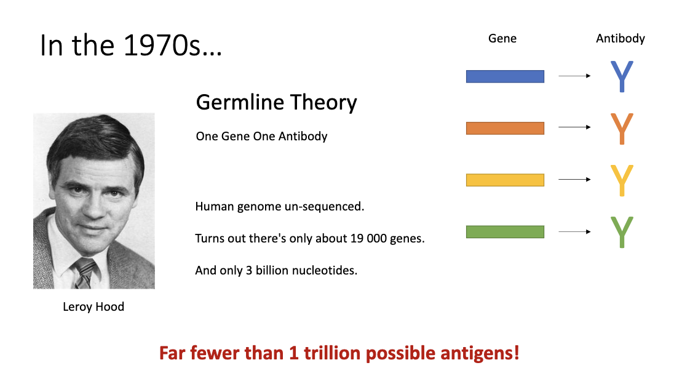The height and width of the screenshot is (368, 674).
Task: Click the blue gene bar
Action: [505, 76]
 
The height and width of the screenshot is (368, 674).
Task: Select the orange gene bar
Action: [505, 128]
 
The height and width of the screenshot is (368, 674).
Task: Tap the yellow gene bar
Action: [505, 180]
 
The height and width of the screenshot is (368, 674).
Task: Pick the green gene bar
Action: [505, 232]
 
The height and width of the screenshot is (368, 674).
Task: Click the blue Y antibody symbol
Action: [621, 76]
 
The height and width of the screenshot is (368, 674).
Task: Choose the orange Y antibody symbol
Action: [621, 128]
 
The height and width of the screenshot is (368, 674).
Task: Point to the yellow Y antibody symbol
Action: [621, 180]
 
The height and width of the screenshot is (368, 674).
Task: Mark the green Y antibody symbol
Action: [621, 232]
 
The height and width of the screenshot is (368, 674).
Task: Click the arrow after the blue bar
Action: [574, 76]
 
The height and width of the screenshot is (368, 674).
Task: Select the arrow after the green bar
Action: [574, 232]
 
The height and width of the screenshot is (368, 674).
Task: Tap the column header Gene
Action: [502, 38]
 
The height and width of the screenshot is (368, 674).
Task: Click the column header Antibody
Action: [620, 38]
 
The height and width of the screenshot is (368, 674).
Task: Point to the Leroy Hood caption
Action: [93, 306]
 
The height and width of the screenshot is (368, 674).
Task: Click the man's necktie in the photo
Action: [85, 271]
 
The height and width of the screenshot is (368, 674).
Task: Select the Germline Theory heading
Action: [276, 102]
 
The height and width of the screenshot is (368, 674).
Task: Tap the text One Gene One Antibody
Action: [261, 136]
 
